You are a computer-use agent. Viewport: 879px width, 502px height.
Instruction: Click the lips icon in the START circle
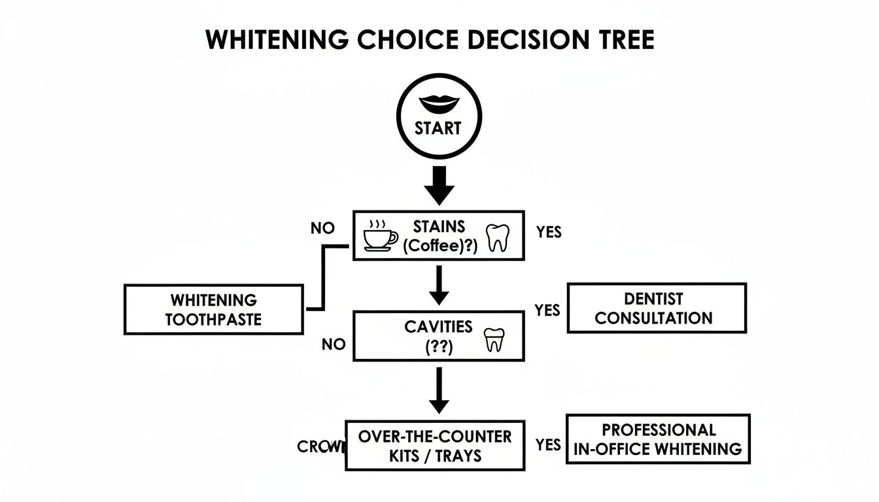pos(439,103)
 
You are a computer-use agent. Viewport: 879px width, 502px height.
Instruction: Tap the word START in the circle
pos(438,128)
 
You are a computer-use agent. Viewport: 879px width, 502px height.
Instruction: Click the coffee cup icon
pos(380,236)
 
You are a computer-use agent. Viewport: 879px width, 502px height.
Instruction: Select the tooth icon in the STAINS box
pos(498,237)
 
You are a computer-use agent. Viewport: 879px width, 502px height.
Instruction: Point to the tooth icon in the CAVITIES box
pos(494,340)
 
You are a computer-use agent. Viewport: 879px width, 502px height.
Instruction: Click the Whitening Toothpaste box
pos(214,310)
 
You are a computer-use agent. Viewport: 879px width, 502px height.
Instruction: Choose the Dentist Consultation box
pos(656,309)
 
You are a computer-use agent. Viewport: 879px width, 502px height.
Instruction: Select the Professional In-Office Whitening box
pos(657,439)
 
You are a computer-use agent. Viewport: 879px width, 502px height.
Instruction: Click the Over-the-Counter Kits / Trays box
pos(435,446)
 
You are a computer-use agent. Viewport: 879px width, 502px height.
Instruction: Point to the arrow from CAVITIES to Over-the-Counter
pos(439,391)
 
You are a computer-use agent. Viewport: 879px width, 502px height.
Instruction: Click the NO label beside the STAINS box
pos(322,228)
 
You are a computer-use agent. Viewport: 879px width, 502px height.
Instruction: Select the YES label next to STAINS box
pos(548,232)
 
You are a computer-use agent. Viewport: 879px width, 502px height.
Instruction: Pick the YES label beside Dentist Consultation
pos(547,310)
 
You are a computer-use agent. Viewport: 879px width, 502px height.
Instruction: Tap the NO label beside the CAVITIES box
pos(334,344)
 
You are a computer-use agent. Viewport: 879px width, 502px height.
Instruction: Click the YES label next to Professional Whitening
pos(547,444)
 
